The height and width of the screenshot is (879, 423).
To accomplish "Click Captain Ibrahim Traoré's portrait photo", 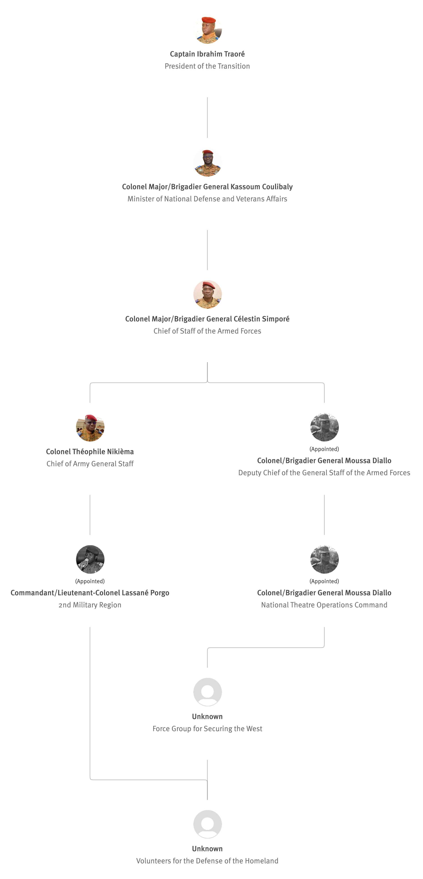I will coord(207,30).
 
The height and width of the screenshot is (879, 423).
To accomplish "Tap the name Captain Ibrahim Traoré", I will coord(207,54).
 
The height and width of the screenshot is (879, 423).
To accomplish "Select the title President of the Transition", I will coord(207,66).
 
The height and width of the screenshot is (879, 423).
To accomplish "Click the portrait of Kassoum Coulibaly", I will coord(207,162).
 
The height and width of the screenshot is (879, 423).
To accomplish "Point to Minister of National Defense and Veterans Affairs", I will coord(207,199).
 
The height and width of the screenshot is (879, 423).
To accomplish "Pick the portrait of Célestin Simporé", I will coord(207,294).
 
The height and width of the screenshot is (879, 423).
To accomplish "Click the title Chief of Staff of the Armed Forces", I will coord(207,331).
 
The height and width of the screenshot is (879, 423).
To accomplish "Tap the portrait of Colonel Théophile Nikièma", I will coord(90,427).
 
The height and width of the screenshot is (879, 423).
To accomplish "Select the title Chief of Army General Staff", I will coord(90,464).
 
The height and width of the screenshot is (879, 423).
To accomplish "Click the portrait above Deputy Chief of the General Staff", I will coord(324,427).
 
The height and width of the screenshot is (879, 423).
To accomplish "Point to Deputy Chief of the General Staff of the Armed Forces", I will coord(324,473).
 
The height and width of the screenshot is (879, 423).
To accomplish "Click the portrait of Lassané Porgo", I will coord(90,559).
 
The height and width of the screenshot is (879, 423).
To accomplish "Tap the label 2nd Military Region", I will coord(90,605).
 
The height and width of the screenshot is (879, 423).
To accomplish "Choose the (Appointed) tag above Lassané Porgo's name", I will coord(90,581).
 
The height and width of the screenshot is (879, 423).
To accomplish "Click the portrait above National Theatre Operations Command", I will coord(324,559).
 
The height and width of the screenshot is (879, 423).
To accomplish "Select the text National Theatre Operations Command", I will coord(324,605).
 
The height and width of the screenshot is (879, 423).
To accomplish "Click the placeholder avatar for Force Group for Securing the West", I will coord(207,692).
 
